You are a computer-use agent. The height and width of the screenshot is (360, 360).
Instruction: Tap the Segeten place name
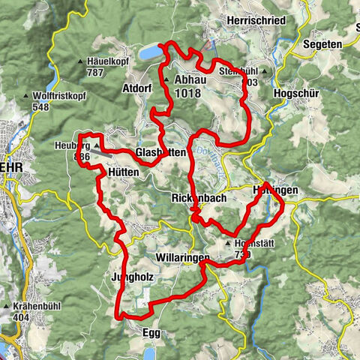pos(323,44)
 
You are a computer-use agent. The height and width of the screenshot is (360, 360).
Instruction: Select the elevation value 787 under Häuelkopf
pos(95,73)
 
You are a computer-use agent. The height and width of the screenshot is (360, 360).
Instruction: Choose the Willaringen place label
pos(180,257)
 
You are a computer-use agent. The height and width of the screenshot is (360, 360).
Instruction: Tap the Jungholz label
pos(132,275)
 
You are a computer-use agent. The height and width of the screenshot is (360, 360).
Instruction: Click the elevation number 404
pos(24,318)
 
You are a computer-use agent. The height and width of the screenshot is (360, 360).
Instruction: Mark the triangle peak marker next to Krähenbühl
pos(15,307)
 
